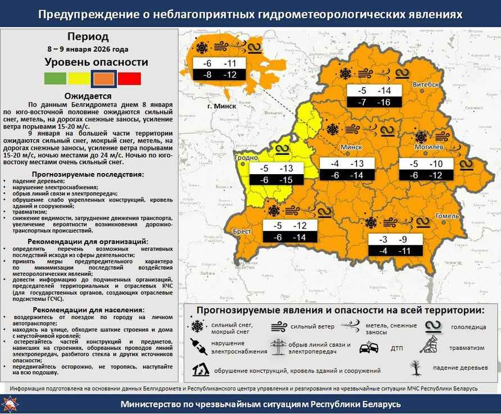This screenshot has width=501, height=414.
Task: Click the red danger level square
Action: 129,79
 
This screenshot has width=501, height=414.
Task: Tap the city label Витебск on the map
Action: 426,84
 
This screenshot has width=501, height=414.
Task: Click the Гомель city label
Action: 448,216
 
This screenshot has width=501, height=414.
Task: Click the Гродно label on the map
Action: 246,158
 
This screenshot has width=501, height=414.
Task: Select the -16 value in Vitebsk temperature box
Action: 384,102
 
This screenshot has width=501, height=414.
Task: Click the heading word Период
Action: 88,38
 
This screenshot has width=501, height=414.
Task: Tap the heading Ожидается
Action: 88,96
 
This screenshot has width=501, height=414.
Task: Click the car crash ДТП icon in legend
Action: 368,348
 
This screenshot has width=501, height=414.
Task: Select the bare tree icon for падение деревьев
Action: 415,367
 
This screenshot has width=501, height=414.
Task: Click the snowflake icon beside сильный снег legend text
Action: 197,327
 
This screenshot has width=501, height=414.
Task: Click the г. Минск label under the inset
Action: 222,106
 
